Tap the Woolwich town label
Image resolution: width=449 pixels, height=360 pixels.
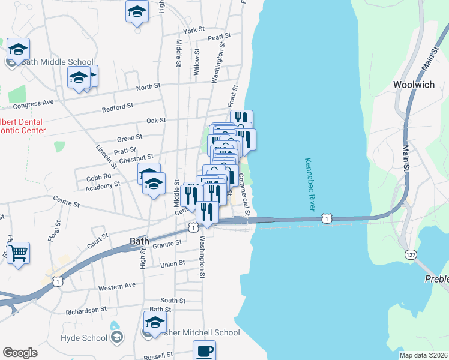click(x=414, y=85)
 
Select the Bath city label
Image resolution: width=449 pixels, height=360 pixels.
click(x=140, y=241)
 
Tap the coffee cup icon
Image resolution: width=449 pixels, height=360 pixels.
click(x=204, y=350)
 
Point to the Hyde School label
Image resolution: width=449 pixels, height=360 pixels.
click(x=83, y=338)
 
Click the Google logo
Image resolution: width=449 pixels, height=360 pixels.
click(x=20, y=353)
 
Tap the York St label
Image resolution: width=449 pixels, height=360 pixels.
click(x=194, y=30)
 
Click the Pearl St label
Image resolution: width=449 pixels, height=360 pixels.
click(x=215, y=38)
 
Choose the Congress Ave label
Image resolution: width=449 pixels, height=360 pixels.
click(x=33, y=103)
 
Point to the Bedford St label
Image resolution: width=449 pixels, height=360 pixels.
click(x=117, y=107)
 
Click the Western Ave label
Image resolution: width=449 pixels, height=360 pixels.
click(x=117, y=287)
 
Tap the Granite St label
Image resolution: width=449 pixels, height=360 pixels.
click(x=167, y=244)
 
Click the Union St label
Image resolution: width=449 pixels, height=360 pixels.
click(x=173, y=264)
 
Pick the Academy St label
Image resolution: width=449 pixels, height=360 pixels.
click(x=103, y=185)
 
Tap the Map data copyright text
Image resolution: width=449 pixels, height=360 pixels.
click(x=423, y=355)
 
